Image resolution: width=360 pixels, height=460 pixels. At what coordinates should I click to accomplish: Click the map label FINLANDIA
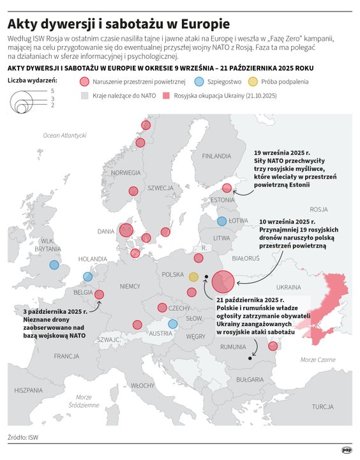click(x=217, y=156)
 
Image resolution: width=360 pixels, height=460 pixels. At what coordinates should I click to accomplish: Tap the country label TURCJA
click(x=323, y=406)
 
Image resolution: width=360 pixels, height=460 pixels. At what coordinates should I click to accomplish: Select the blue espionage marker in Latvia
click(x=221, y=221)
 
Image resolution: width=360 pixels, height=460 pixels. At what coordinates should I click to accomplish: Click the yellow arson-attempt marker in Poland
click(x=193, y=277)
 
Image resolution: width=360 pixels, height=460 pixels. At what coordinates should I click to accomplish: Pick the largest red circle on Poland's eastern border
click(x=223, y=281)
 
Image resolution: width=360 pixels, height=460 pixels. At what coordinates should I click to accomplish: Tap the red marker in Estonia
click(x=226, y=188)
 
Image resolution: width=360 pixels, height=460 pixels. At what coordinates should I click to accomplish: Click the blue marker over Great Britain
click(x=54, y=265)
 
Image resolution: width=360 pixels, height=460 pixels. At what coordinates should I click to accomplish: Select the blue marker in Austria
click(x=172, y=324)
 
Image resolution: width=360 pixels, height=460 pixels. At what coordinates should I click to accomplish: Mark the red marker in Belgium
click(x=99, y=294)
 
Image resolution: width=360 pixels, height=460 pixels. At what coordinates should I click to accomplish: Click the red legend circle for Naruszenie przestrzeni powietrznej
click(x=84, y=82)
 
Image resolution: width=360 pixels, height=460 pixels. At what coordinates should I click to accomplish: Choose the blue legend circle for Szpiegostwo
click(x=199, y=82)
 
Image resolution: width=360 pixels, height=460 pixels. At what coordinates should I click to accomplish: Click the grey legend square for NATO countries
click(x=84, y=95)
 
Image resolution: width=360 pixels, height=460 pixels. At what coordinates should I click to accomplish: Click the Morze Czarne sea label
click(x=317, y=360)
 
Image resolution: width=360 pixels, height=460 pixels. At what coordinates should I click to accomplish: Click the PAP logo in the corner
click(x=346, y=449)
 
